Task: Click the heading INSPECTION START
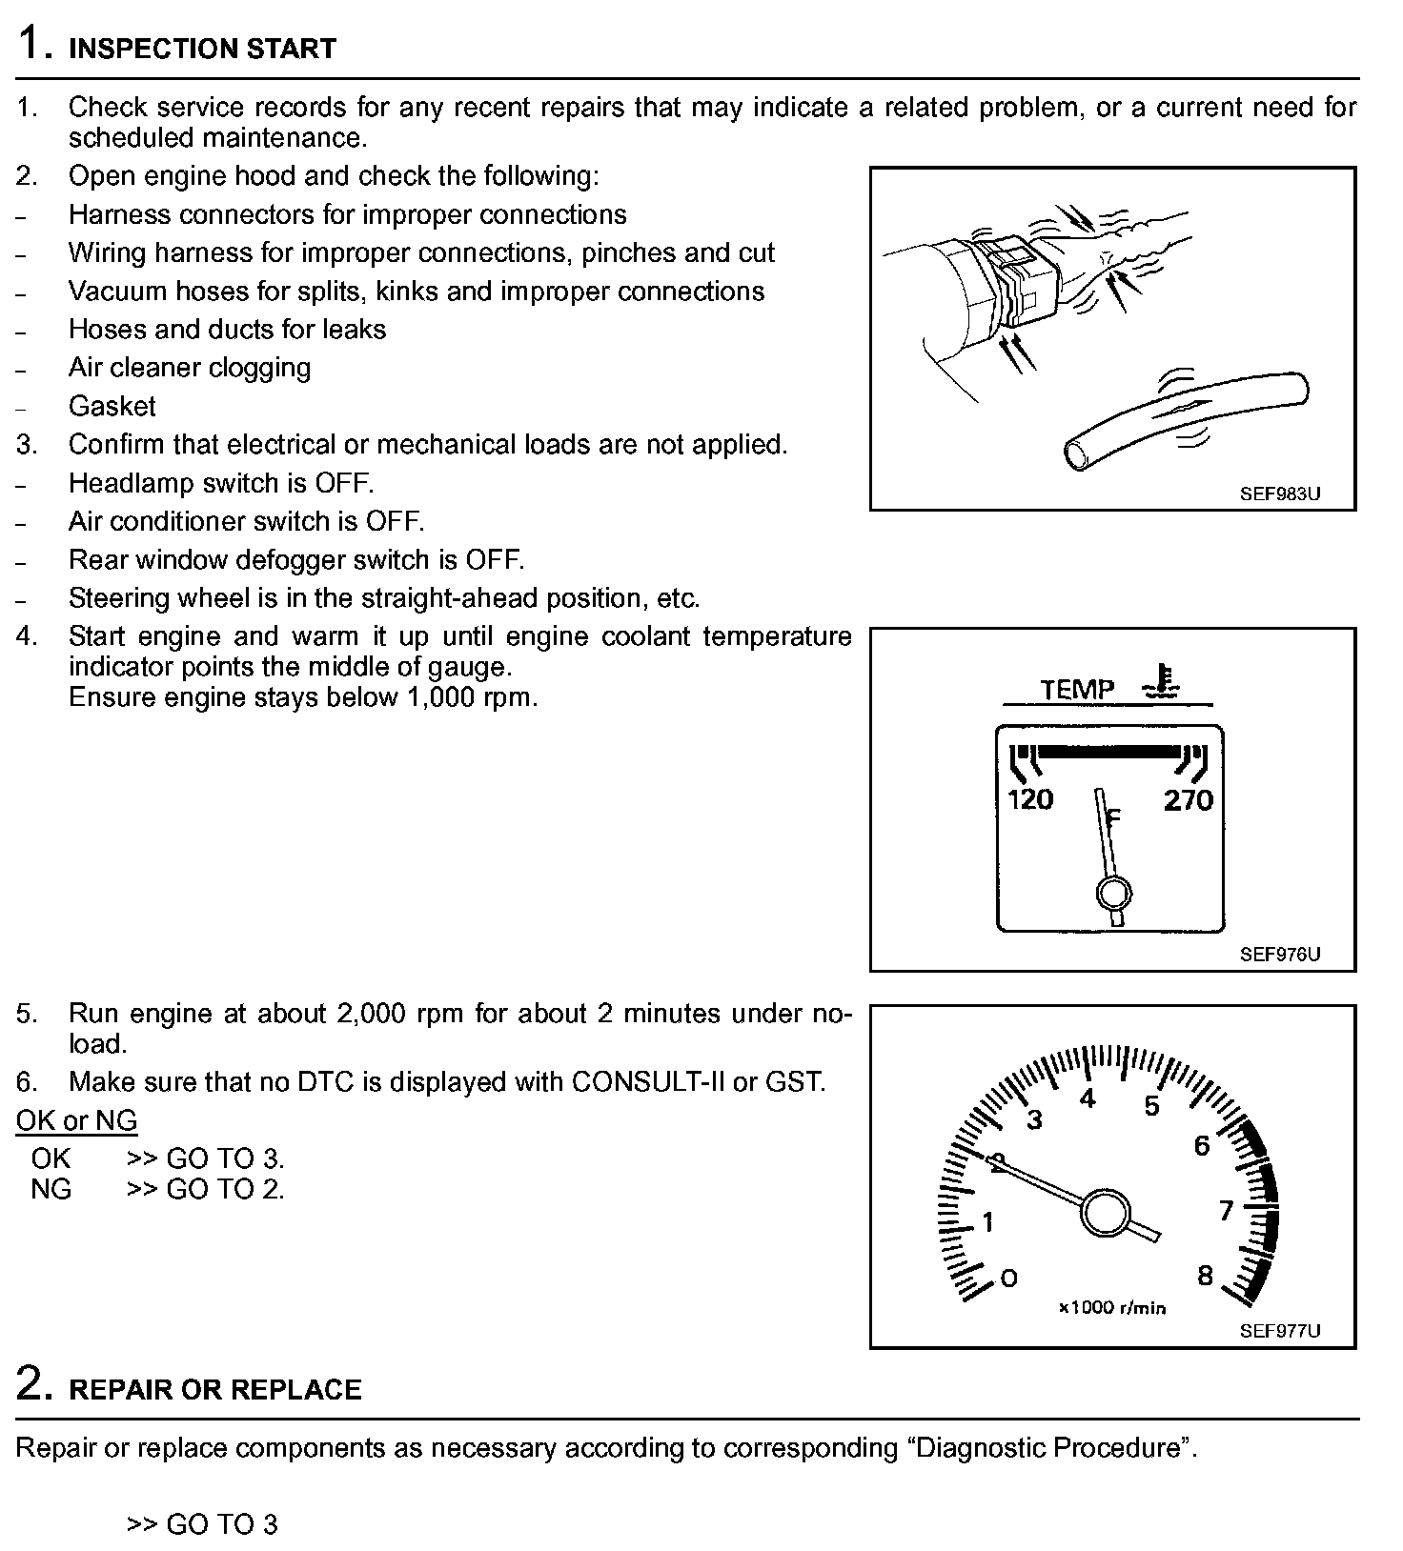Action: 202,49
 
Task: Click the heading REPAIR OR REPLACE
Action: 215,1390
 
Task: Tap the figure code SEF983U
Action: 1280,494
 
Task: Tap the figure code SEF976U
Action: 1280,955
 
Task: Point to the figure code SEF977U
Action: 1280,1331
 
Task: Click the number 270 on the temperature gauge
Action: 1188,800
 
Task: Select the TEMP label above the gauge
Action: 1077,689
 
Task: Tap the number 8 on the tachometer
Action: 1205,1276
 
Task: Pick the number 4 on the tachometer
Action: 1088,1098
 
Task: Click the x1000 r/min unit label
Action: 1112,1308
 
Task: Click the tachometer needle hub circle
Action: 1104,1213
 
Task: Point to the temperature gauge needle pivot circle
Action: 1113,894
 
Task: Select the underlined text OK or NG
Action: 76,1120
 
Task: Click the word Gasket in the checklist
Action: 112,407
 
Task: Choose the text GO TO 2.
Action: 225,1189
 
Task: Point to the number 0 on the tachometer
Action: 1008,1278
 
